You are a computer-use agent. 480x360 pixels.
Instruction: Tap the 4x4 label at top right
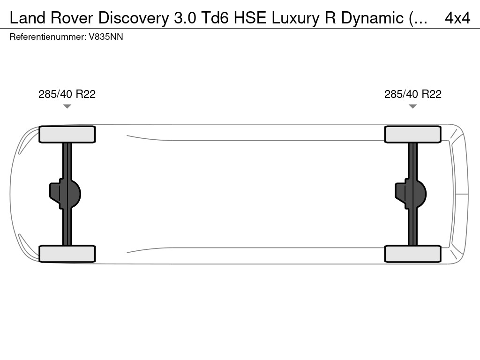coord(457,18)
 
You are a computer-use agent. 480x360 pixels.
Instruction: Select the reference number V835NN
coord(106,37)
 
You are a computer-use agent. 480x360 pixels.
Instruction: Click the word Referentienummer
coord(47,37)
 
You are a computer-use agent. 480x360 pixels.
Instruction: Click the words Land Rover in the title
coord(52,18)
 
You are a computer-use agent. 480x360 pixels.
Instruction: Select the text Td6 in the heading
coord(215,18)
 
